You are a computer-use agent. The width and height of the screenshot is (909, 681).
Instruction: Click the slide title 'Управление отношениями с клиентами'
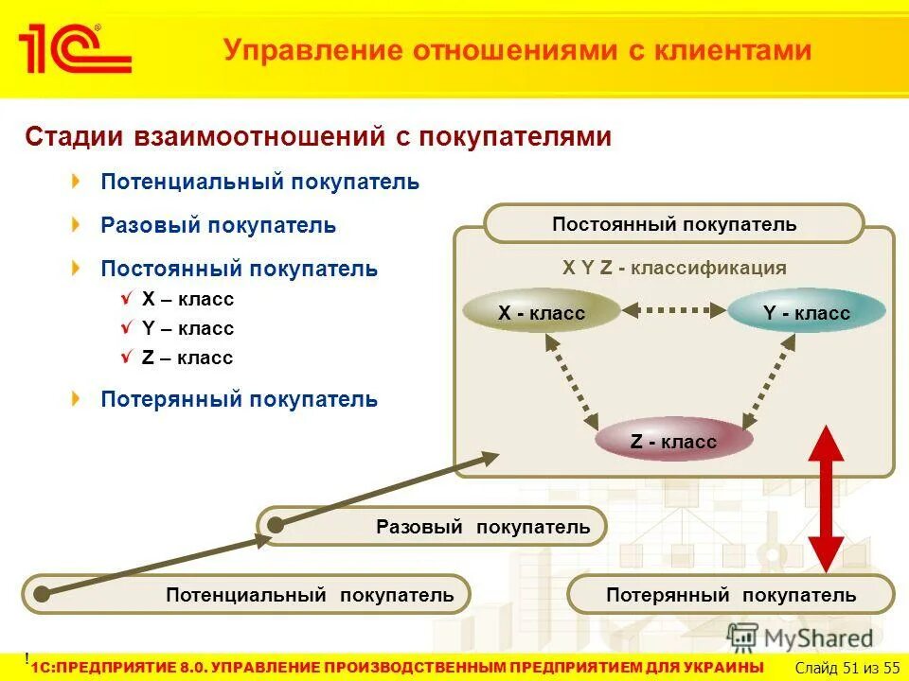pos(517,49)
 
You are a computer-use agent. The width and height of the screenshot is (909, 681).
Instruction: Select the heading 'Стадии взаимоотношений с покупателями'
pos(318,137)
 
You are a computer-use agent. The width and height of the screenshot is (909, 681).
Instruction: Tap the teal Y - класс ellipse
pos(806,312)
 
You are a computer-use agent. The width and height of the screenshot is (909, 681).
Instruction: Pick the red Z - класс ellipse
pos(673,441)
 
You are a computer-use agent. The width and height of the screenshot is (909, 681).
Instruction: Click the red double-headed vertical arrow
pos(826,498)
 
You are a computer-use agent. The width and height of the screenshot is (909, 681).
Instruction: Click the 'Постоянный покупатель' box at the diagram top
pos(673,224)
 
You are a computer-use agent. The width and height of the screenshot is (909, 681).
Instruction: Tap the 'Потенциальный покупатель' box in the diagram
pos(246,594)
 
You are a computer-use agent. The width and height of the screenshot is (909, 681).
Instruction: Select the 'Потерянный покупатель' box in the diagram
pos(730,594)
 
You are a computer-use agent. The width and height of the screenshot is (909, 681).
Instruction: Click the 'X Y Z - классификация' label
pos(673,268)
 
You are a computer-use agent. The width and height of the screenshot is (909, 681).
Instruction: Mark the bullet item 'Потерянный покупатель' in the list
pos(239,399)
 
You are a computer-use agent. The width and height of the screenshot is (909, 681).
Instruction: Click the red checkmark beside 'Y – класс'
pos(128,327)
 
